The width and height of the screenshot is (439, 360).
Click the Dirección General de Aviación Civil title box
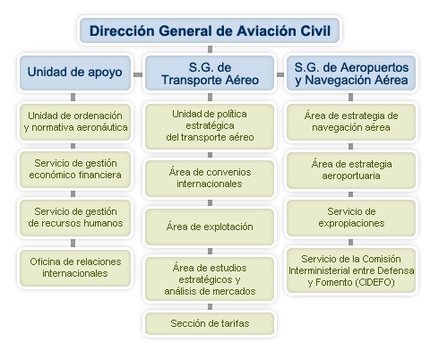click(x=210, y=30)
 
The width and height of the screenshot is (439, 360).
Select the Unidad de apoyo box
click(x=75, y=73)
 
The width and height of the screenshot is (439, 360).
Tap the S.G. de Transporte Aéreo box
click(x=210, y=73)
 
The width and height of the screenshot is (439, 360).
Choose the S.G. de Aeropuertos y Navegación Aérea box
click(x=351, y=73)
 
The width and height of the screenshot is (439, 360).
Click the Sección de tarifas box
click(x=210, y=323)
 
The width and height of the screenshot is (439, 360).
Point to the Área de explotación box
click(x=210, y=227)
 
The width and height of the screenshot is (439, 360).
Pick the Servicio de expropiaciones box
click(x=351, y=218)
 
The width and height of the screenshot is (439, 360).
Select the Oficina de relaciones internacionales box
click(x=75, y=268)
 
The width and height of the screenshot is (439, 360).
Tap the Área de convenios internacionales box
click(x=210, y=178)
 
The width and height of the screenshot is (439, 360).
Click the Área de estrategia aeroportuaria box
click(x=351, y=170)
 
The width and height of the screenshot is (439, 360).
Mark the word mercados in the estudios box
click(x=237, y=291)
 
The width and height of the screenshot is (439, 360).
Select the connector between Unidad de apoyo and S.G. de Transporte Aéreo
click(x=138, y=74)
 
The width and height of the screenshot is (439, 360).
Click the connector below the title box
click(x=210, y=49)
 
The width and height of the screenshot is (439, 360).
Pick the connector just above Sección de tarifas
click(x=210, y=306)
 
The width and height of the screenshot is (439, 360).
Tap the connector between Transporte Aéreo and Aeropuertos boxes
click(x=280, y=74)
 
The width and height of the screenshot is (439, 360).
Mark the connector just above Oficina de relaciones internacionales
click(x=73, y=243)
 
